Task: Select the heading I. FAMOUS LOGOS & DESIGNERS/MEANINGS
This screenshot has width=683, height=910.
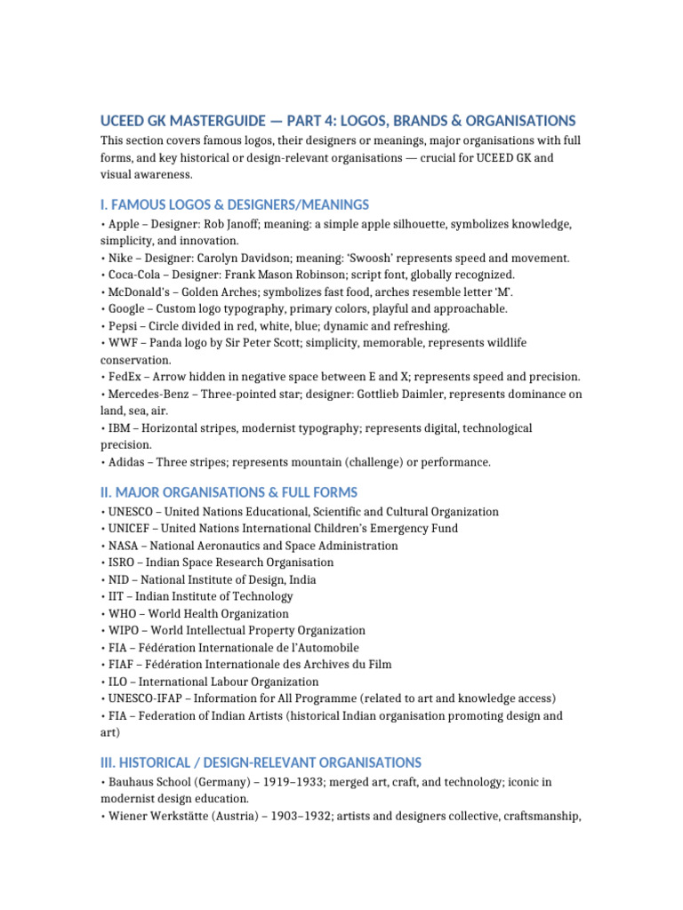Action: coord(235,204)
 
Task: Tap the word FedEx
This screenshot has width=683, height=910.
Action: coord(124,377)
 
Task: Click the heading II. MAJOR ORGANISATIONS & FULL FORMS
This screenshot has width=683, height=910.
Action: coord(229,492)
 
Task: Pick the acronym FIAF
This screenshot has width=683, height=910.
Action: coord(120,664)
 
